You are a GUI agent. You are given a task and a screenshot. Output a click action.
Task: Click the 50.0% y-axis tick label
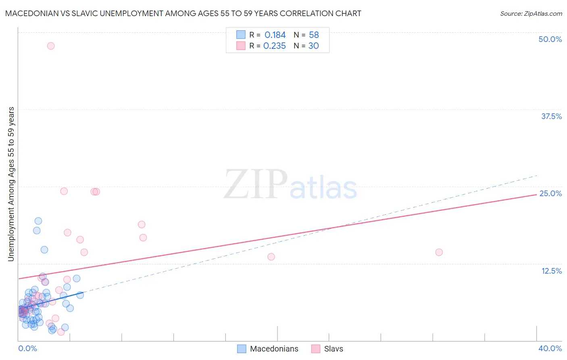(550, 39)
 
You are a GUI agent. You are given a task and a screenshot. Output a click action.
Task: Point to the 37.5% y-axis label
(551, 116)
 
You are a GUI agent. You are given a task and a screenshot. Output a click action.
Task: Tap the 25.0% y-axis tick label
(550, 193)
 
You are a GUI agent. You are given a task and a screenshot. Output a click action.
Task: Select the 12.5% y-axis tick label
(551, 271)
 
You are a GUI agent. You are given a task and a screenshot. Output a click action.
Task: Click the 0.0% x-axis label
(27, 348)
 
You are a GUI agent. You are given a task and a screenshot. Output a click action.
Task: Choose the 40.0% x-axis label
(550, 348)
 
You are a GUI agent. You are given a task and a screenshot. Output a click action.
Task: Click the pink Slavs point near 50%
(51, 46)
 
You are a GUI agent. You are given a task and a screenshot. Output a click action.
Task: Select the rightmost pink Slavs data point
(439, 252)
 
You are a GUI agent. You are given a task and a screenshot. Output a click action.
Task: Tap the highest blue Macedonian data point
(38, 221)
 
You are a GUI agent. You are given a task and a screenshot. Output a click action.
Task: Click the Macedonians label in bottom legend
(274, 349)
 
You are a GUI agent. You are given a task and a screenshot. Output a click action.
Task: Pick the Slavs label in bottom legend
(334, 349)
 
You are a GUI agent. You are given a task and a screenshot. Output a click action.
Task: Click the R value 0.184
(275, 35)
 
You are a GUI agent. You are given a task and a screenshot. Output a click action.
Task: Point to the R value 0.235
(275, 46)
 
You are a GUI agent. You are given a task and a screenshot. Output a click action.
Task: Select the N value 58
(314, 35)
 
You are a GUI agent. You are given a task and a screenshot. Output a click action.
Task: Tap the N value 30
(313, 46)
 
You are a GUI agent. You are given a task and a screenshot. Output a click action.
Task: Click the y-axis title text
(11, 184)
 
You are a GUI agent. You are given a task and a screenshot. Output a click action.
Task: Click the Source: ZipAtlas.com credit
(531, 14)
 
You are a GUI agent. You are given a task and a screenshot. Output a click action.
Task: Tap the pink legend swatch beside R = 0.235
(241, 46)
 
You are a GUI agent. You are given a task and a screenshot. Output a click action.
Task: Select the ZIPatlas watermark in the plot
(290, 185)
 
